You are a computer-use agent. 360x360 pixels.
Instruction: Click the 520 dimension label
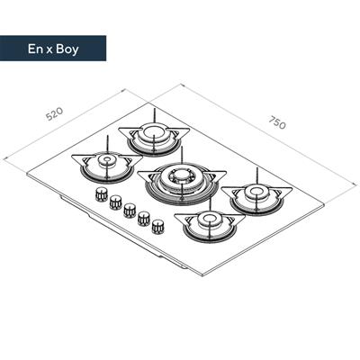(x=55, y=113)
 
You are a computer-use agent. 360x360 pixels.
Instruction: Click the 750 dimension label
(x=277, y=122)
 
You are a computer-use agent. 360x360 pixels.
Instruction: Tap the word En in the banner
(x=35, y=49)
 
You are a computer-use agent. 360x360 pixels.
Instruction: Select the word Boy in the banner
(x=67, y=49)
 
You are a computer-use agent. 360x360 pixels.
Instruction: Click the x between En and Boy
(x=49, y=49)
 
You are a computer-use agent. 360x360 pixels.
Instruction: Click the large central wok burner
(x=181, y=184)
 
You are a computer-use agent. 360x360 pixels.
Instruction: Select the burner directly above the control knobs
(x=107, y=166)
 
